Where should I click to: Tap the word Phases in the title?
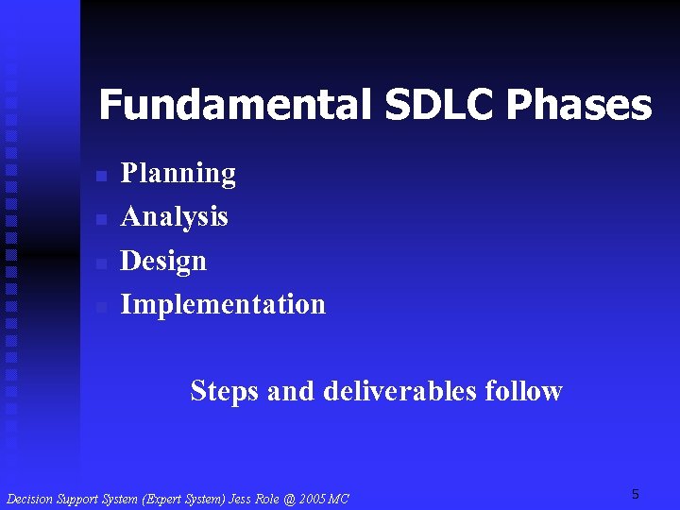point(579,106)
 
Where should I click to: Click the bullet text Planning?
point(178,174)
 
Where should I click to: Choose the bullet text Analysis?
point(175,217)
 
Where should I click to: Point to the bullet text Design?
point(163,261)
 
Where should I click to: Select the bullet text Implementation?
point(223,304)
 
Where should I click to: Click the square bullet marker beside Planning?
point(102,177)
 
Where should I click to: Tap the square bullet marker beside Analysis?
point(102,220)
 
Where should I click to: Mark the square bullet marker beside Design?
point(102,263)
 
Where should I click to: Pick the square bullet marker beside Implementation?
point(102,307)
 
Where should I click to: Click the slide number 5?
point(636,494)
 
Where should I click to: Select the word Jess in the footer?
point(241,499)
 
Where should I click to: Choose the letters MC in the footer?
point(337,499)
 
